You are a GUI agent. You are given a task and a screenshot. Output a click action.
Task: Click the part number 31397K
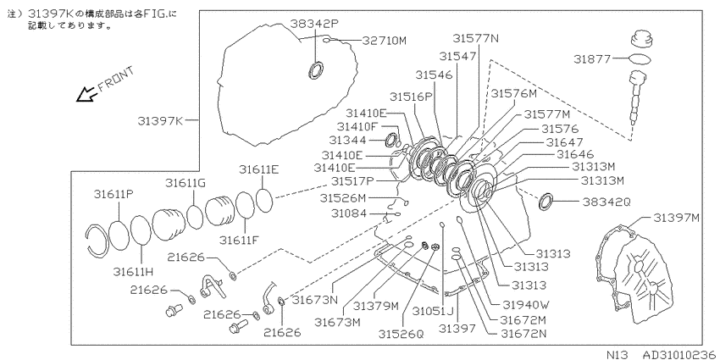(x=160, y=121)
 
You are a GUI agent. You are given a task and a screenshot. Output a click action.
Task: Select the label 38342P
(x=314, y=24)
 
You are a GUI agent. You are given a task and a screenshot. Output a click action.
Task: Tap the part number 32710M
(x=385, y=41)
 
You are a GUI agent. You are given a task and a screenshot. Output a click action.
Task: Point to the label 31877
(x=592, y=58)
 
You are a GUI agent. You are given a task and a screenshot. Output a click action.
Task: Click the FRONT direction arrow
(x=85, y=95)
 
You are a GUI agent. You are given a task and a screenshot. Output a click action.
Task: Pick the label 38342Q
(x=607, y=202)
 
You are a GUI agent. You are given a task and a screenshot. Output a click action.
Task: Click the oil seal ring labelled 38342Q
(x=546, y=202)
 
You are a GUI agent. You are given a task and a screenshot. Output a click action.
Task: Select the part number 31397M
(x=677, y=218)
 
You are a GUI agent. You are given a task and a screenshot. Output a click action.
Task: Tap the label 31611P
(x=114, y=194)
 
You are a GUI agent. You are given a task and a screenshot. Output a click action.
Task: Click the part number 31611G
(x=186, y=183)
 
